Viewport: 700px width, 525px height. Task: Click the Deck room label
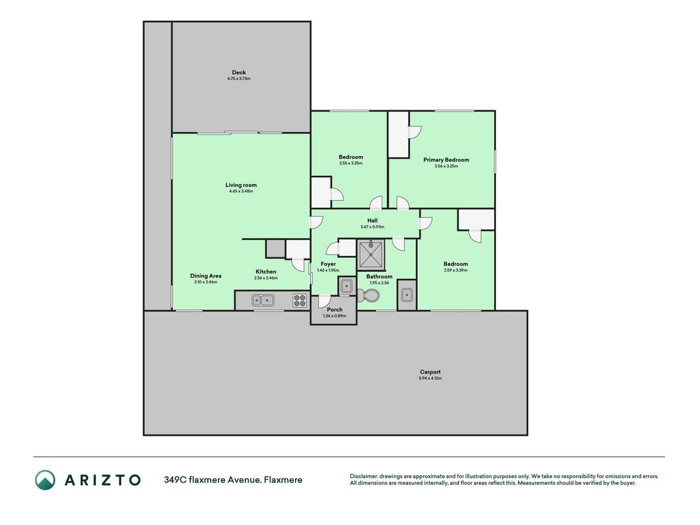[x=239, y=72]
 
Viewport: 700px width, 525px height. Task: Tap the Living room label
[x=241, y=185]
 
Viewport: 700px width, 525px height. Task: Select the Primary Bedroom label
[x=446, y=160]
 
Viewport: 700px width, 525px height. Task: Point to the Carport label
[x=430, y=372]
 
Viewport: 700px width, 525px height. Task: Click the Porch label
[x=335, y=309]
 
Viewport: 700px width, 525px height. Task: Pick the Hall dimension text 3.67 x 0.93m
[x=373, y=227]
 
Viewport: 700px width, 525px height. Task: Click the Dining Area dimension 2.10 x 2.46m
[x=206, y=282]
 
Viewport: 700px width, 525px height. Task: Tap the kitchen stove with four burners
[x=300, y=301]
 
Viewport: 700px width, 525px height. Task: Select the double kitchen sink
[x=263, y=301]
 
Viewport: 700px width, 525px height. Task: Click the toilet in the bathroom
[x=368, y=295]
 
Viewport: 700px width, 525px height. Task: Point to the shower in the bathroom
[x=371, y=255]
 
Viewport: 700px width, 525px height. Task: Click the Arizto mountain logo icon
[x=45, y=480]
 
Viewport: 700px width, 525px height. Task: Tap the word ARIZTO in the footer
[x=103, y=480]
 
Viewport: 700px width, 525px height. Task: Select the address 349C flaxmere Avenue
[x=213, y=480]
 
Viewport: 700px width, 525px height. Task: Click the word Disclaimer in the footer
[x=364, y=476]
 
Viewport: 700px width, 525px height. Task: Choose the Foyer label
[x=328, y=264]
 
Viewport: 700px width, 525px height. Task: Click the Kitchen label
[x=266, y=272]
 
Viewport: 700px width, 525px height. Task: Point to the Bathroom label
[x=379, y=276]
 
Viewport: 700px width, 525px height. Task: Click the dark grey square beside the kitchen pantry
[x=276, y=248]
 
